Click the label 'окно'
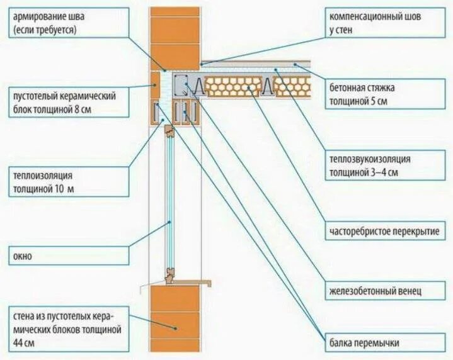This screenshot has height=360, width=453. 21,256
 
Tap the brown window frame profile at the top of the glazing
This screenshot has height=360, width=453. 169,132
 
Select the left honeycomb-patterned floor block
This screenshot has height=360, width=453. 234,87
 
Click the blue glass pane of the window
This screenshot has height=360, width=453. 169,201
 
